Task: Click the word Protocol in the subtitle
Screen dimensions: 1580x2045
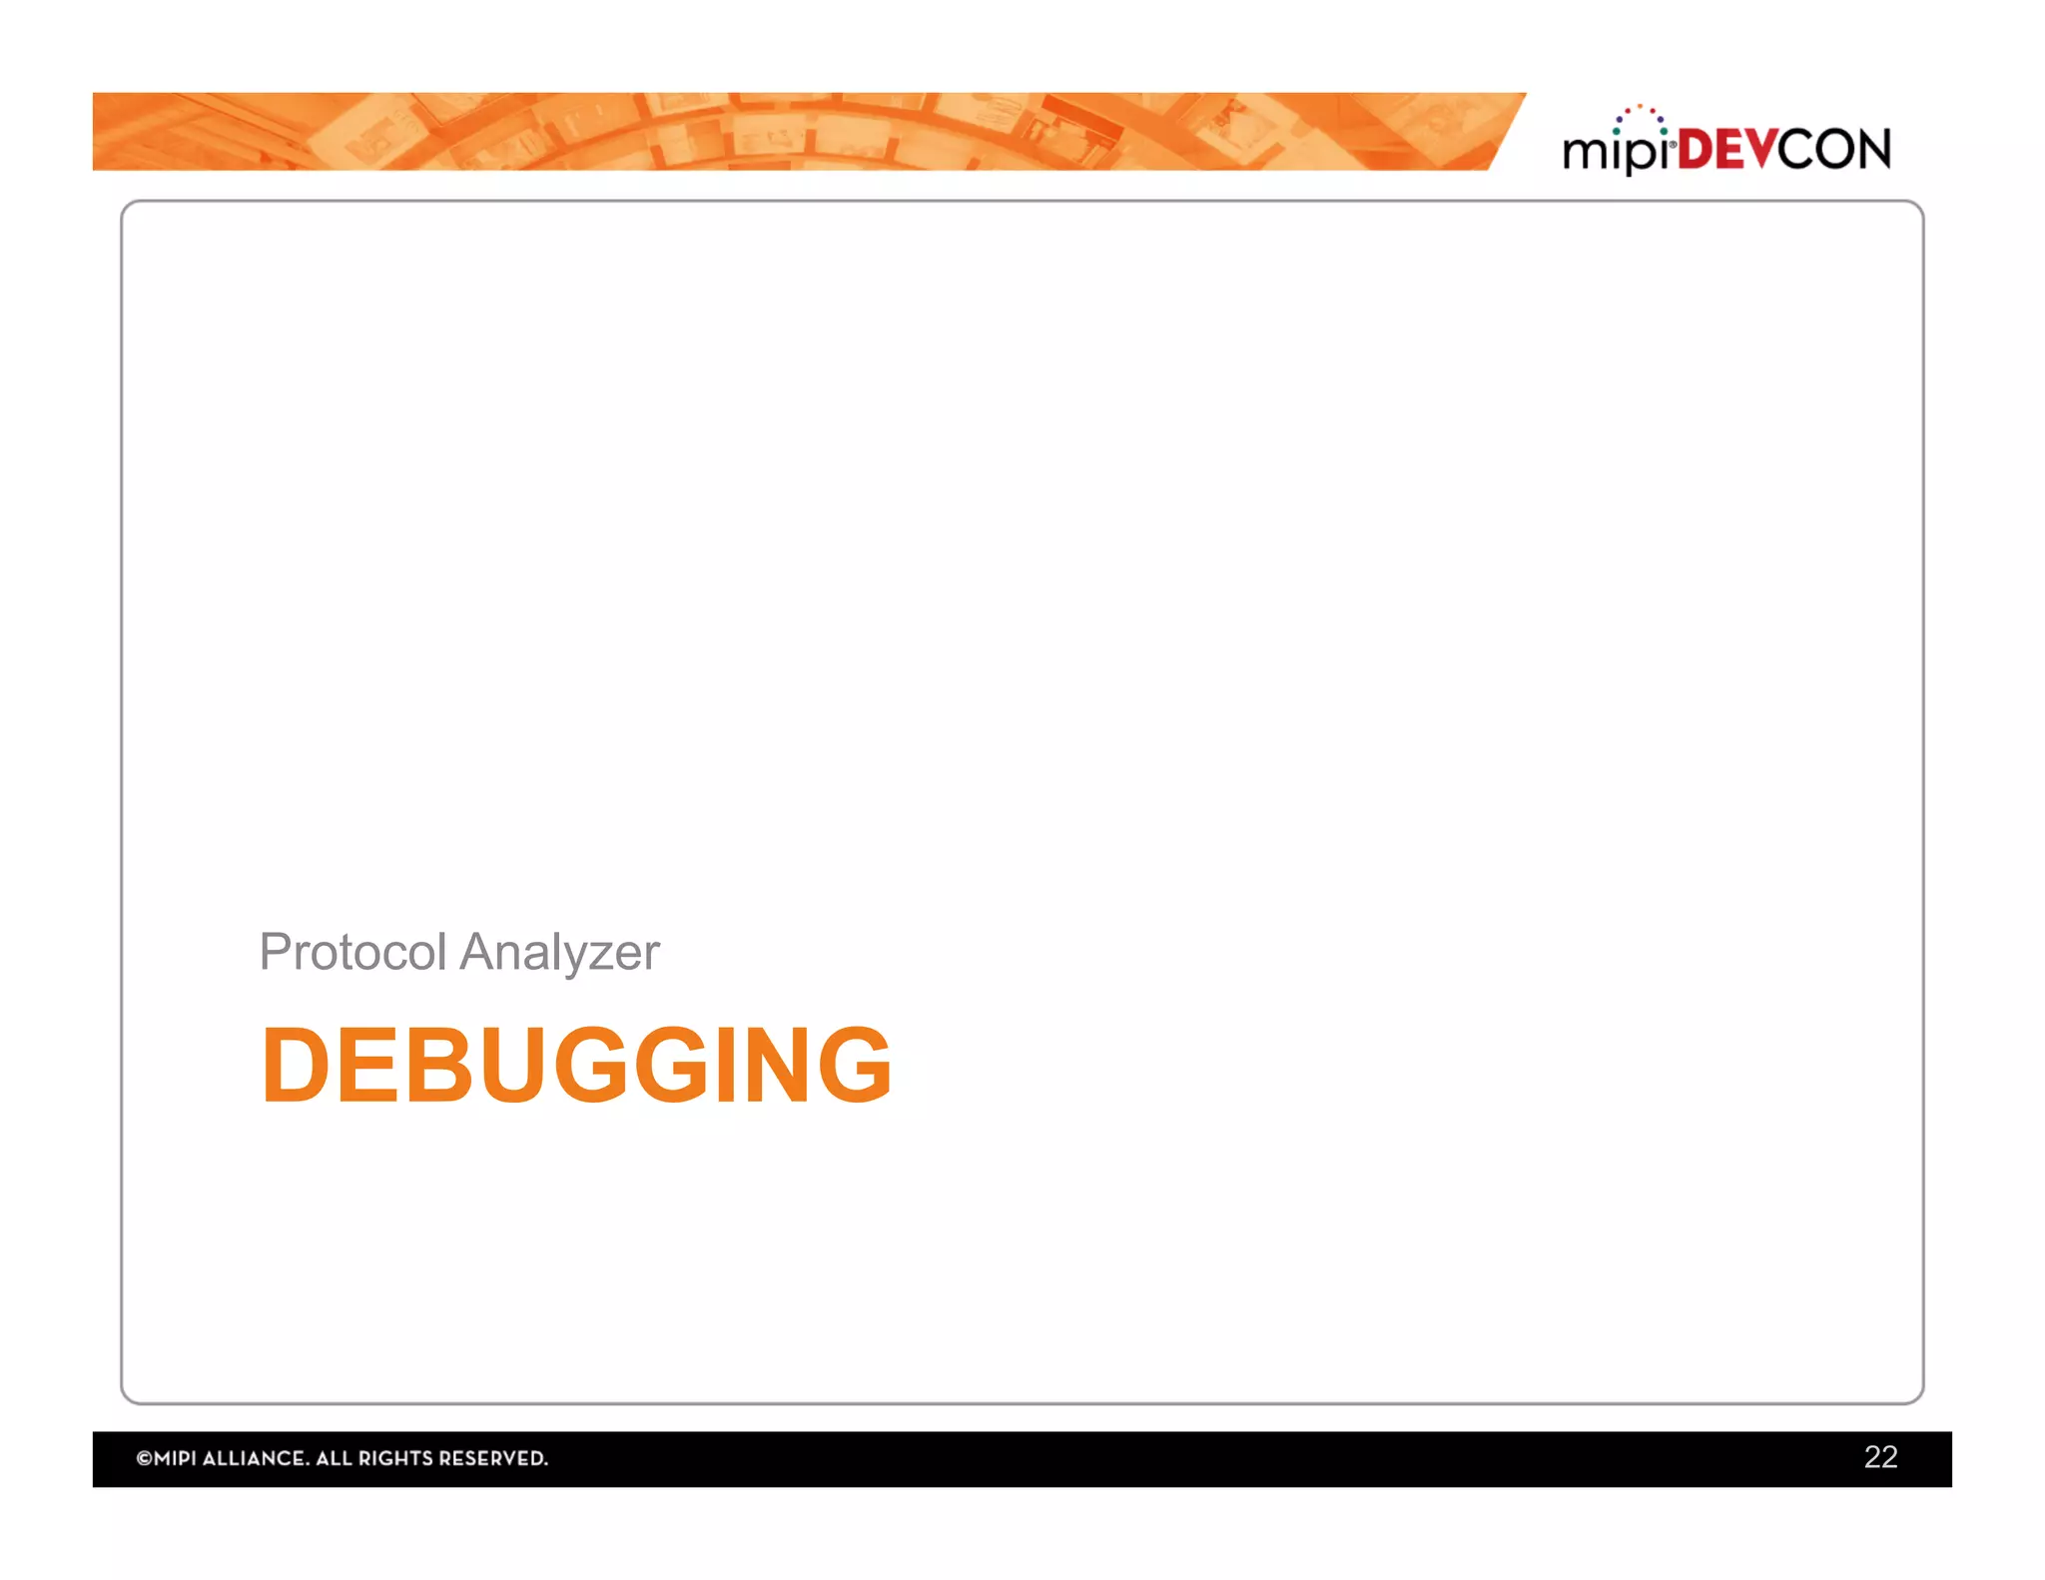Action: [351, 952]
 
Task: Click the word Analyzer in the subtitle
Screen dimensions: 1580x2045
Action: [559, 952]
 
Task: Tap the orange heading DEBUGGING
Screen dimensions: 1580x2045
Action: [576, 1066]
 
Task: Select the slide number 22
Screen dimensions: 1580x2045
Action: [1880, 1457]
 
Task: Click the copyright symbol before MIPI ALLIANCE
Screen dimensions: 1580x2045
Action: [144, 1459]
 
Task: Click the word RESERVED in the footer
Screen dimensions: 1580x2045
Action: [493, 1459]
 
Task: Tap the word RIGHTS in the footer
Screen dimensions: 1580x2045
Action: [395, 1459]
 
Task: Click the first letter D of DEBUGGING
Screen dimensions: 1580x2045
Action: [296, 1066]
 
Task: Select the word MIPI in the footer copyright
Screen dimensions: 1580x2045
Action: [176, 1459]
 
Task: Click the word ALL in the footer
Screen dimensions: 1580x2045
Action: [333, 1459]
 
